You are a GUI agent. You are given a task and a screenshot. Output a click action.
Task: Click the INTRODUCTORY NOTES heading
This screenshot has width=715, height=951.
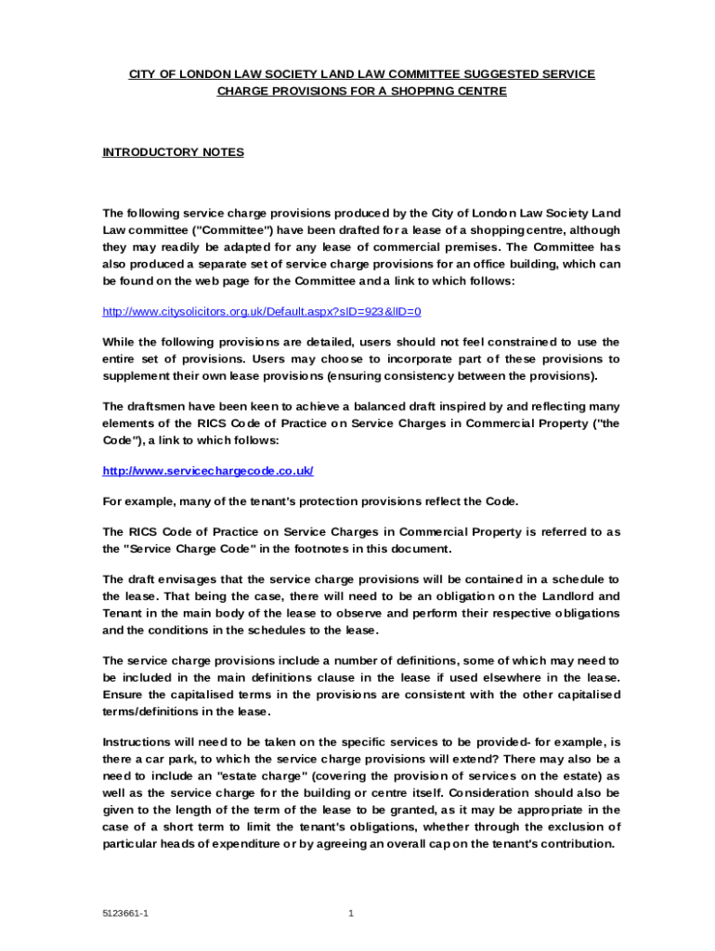coord(173,151)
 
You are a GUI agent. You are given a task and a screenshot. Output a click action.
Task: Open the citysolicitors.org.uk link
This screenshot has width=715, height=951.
coord(267,311)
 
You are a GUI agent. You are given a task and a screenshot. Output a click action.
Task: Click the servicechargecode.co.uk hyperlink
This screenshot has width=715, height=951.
coord(208,471)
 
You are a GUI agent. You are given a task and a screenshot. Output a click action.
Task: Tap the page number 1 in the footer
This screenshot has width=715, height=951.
coord(351,913)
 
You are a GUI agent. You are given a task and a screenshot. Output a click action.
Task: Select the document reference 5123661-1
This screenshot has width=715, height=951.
coord(126,913)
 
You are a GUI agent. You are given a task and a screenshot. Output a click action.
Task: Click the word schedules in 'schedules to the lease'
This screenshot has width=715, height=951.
coord(301,630)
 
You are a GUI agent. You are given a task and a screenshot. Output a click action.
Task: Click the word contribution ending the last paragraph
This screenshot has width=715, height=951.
coord(575,843)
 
